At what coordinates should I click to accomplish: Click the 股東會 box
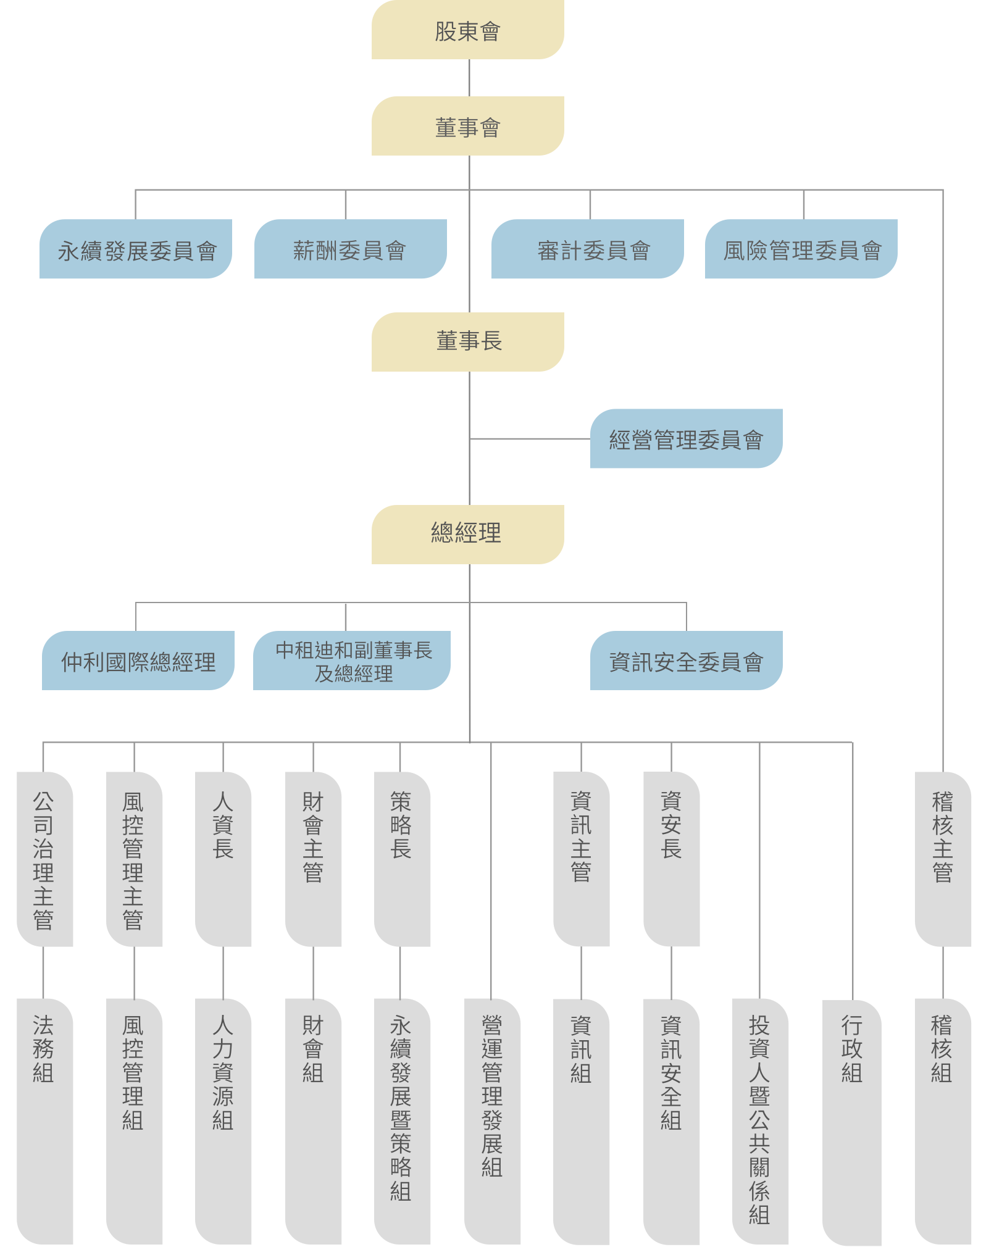tap(467, 30)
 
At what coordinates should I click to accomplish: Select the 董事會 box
tap(467, 126)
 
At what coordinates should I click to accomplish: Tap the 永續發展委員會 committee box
tap(136, 249)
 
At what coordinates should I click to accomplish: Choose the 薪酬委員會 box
tap(350, 249)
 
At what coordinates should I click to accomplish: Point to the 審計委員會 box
tap(587, 249)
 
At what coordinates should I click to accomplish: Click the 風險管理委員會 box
tap(801, 249)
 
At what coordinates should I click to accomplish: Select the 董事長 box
tap(467, 342)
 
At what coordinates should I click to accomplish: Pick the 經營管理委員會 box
tap(686, 439)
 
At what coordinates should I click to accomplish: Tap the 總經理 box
tap(467, 535)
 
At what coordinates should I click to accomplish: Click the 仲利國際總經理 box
tap(138, 661)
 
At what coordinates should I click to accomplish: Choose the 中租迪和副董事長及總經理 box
tap(352, 661)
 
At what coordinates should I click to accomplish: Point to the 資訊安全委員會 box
tap(686, 661)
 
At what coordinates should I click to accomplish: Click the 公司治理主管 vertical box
tap(44, 859)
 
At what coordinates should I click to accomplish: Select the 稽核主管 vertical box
tap(943, 859)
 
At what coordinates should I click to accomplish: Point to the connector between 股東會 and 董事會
tap(469, 78)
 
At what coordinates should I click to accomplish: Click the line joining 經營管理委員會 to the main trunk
tap(530, 439)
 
